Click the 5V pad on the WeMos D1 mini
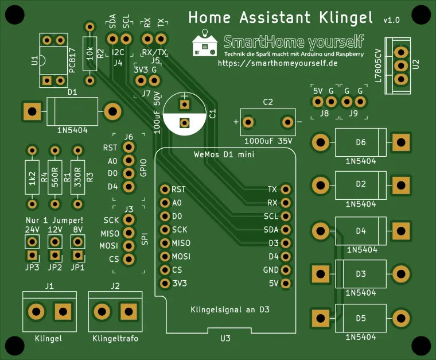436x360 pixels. (x=286, y=283)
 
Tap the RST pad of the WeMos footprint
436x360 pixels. (x=165, y=189)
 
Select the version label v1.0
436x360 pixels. (x=391, y=20)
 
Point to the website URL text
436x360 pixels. (x=278, y=63)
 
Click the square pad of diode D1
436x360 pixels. (x=32, y=111)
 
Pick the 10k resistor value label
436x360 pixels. (x=89, y=53)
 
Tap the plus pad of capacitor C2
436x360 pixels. (x=248, y=122)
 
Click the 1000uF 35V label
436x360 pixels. (x=268, y=141)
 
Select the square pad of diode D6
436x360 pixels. (x=401, y=142)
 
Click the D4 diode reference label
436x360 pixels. (x=361, y=231)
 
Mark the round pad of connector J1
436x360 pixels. (x=36, y=311)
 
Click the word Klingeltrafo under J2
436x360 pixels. (x=115, y=339)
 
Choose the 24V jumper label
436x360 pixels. (x=32, y=230)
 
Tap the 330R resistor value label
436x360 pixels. (x=77, y=177)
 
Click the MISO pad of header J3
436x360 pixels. (x=129, y=233)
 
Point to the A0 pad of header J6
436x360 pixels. (x=129, y=160)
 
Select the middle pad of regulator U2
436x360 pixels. (x=401, y=65)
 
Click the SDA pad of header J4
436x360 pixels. (x=112, y=39)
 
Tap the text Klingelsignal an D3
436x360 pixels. (x=230, y=309)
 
